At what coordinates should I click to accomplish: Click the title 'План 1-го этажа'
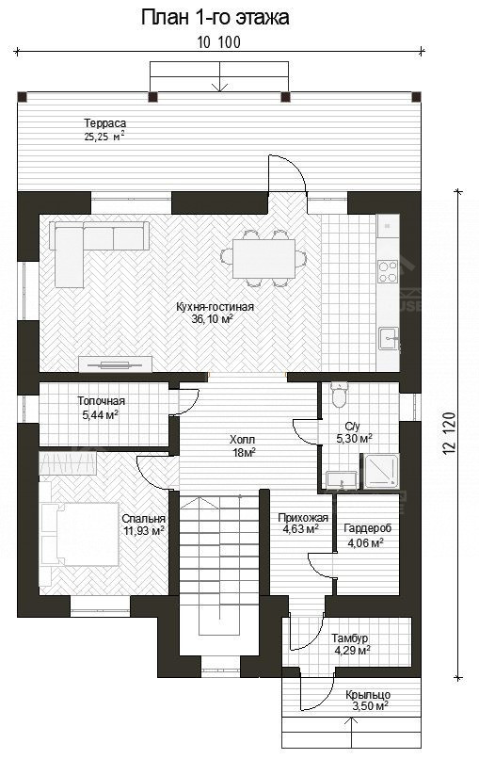216,17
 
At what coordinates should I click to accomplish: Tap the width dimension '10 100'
218,41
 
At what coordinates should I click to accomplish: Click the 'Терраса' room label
104,123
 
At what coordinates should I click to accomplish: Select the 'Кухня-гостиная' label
216,306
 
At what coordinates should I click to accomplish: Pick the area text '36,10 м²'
212,319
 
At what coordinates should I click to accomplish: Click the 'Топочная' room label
101,401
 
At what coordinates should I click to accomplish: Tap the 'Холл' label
242,439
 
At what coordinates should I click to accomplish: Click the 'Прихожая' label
303,518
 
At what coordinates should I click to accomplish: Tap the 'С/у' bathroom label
353,425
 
